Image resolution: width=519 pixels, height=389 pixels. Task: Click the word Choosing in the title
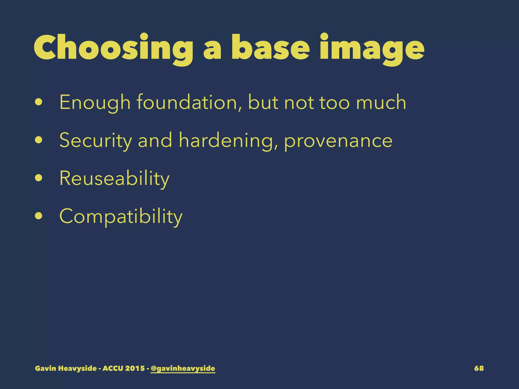click(113, 48)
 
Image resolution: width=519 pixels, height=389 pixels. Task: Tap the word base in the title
click(270, 48)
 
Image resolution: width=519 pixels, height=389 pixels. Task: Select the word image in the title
click(372, 49)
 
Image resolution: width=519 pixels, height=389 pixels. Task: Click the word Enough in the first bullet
click(95, 103)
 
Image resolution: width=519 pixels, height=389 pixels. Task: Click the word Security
click(96, 141)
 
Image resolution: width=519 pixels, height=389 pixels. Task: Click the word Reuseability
click(114, 179)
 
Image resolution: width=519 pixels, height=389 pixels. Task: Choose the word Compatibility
click(121, 217)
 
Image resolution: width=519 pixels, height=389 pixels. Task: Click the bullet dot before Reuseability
click(39, 178)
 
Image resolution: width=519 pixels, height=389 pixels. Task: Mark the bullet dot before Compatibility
click(39, 216)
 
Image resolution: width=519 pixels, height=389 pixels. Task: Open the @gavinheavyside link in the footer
click(183, 368)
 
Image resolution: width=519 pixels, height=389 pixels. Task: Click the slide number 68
click(479, 368)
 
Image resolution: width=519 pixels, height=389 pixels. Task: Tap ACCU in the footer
click(113, 368)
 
